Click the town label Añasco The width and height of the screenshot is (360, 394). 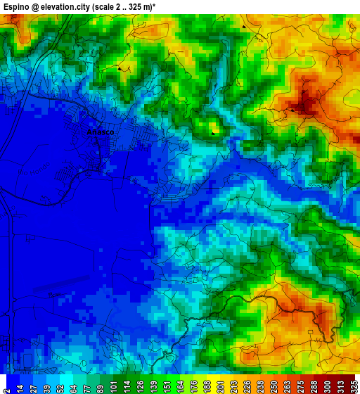coord(100,132)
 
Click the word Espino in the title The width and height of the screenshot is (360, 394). coord(16,6)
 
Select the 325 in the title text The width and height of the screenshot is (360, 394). coord(159,6)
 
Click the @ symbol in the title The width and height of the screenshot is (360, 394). coord(37,6)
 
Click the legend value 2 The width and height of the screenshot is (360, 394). coord(6,386)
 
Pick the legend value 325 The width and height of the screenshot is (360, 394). coord(354,385)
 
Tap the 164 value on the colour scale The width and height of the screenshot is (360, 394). coord(180,385)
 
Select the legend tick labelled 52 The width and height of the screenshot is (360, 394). coord(60,385)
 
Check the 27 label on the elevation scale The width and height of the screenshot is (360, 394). coord(33,385)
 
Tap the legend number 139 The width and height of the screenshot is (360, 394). coord(153,385)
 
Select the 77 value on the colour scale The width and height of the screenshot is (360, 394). coord(86,385)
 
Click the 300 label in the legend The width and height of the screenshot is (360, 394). coord(328,385)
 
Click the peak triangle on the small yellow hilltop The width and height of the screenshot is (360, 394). coord(214,132)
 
